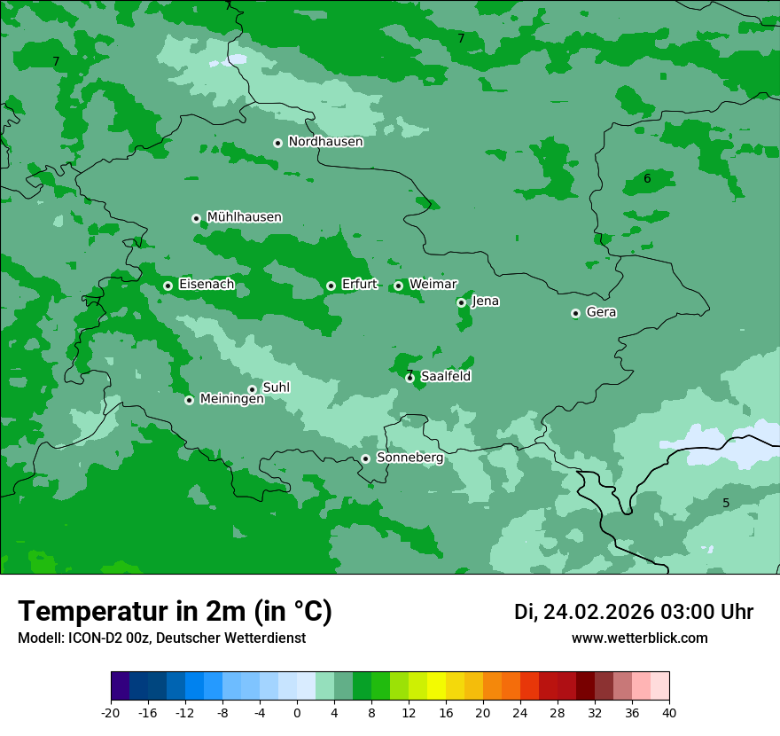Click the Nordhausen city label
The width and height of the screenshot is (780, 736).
click(325, 142)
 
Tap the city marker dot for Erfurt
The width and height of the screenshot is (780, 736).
click(331, 286)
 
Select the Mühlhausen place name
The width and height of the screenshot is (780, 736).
click(244, 217)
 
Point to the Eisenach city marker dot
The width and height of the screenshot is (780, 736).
click(168, 286)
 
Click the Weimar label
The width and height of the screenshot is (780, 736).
click(433, 285)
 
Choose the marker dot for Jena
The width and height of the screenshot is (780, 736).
click(461, 302)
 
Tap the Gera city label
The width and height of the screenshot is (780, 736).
click(601, 312)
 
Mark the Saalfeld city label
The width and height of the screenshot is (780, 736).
click(446, 377)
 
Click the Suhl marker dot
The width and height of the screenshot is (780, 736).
click(252, 389)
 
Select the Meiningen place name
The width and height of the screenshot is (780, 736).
click(231, 400)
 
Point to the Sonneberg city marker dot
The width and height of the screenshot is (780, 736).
click(365, 458)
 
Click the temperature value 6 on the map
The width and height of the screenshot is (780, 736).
click(647, 179)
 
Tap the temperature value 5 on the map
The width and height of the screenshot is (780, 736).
click(726, 504)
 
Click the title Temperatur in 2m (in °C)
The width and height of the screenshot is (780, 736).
click(175, 611)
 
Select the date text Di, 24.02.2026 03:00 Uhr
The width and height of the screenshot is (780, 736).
click(634, 612)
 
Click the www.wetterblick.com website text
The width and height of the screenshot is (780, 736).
click(639, 638)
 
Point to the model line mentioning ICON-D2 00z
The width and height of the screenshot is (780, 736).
click(161, 638)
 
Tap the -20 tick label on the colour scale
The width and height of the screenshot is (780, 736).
click(111, 712)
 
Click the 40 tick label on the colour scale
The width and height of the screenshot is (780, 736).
click(668, 712)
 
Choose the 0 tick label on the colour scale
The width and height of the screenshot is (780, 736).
click(297, 712)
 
